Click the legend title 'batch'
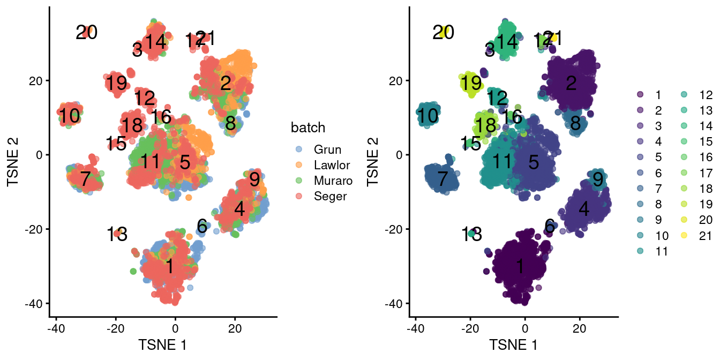tap(308, 128)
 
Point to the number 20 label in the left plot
tap(86, 33)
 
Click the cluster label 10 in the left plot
tap(69, 116)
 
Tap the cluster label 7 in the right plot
tap(441, 179)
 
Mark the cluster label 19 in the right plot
tap(471, 84)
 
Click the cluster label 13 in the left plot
tap(116, 235)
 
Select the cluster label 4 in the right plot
tap(584, 209)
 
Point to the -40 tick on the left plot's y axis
tap(34, 303)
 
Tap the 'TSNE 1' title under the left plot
tap(162, 343)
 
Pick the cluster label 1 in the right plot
tap(519, 266)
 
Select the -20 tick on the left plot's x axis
tap(115, 328)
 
